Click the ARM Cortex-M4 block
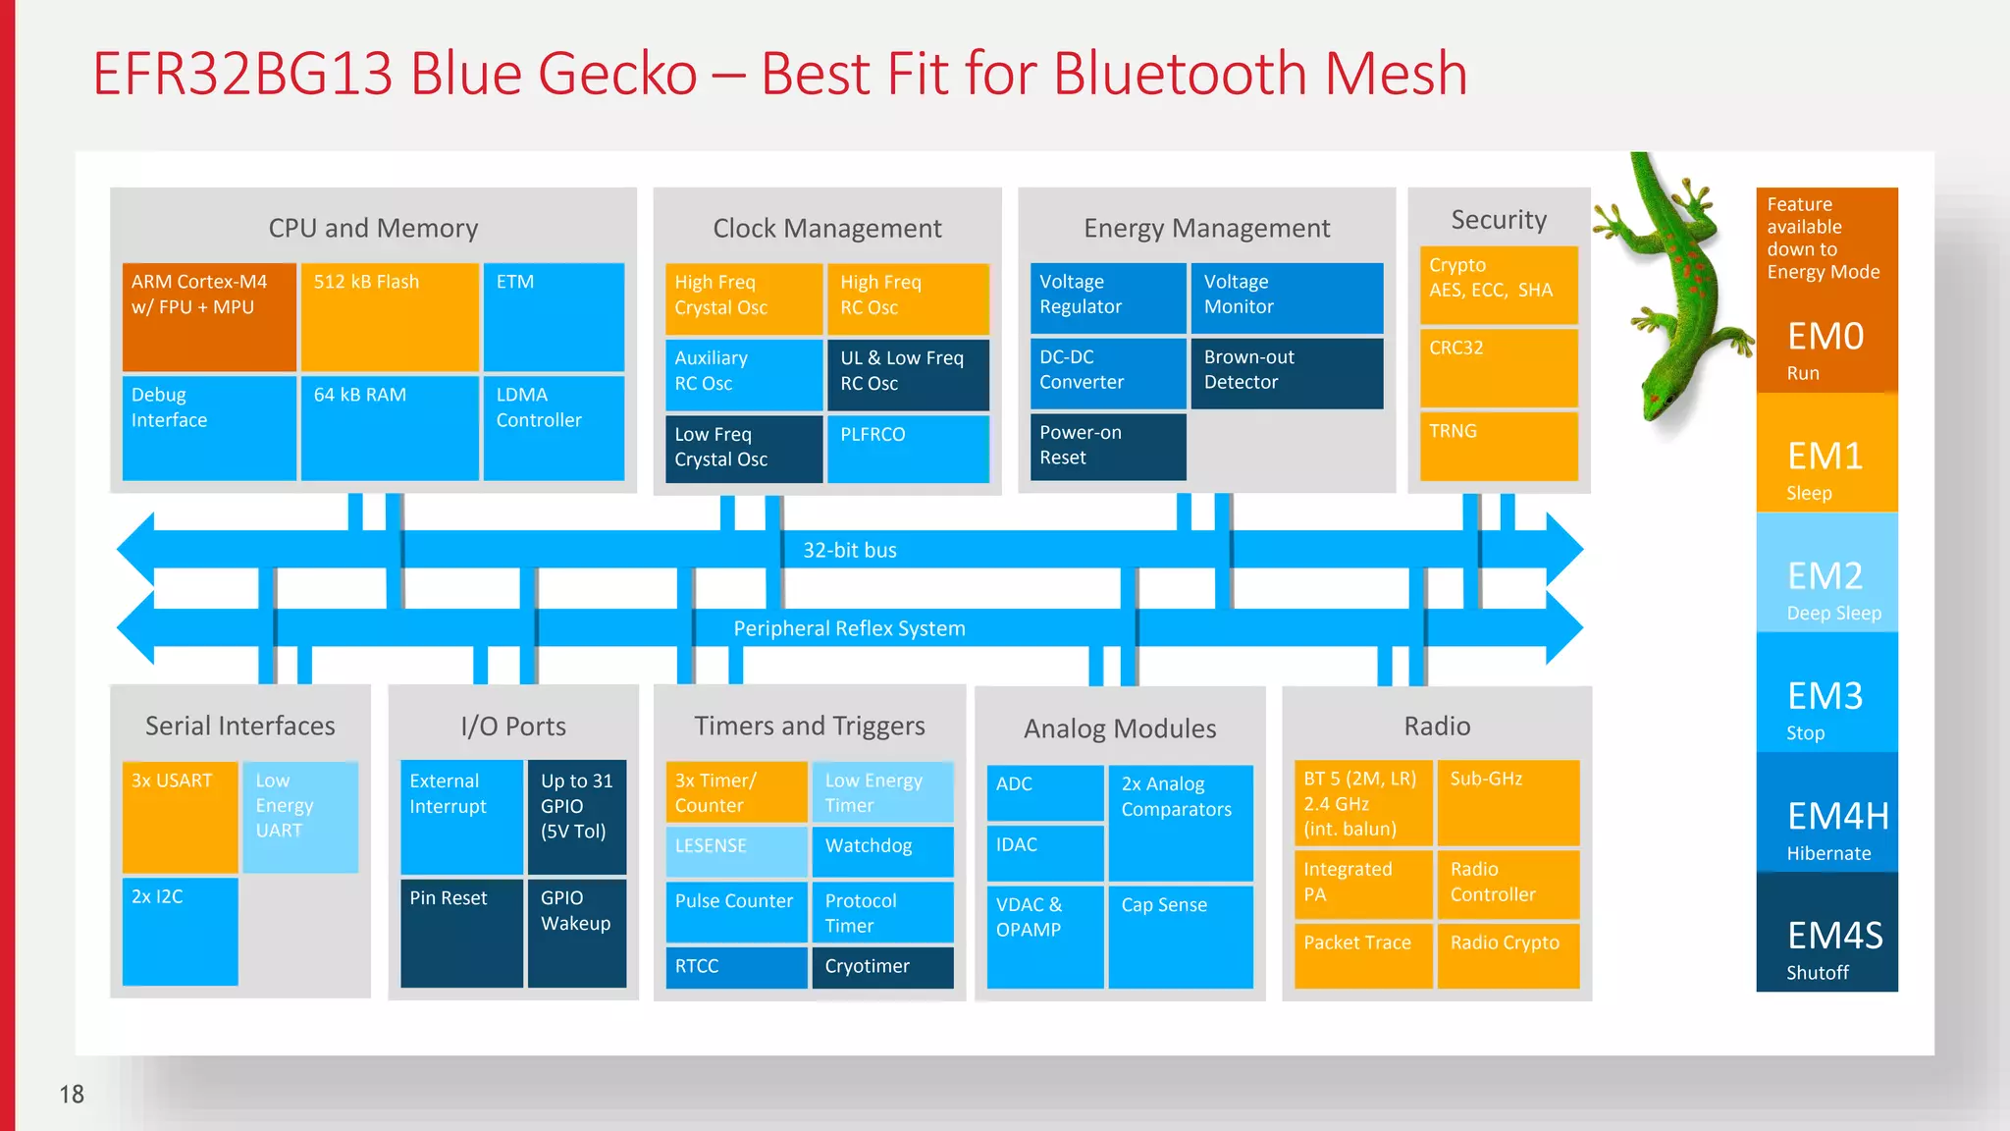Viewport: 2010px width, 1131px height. [209, 316]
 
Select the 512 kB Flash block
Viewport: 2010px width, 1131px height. [390, 316]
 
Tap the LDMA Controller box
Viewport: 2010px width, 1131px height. [554, 428]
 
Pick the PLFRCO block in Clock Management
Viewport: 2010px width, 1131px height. [908, 449]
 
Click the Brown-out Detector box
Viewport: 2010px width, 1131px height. [1287, 373]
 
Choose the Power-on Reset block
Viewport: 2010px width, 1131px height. [1108, 447]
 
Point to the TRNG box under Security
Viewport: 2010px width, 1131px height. [1499, 447]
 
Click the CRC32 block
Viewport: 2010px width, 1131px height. [1499, 367]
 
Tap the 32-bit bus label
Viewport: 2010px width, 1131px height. [850, 551]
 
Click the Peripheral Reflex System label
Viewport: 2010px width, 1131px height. [850, 629]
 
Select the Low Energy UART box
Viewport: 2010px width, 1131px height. [300, 817]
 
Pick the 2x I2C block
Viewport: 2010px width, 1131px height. [180, 931]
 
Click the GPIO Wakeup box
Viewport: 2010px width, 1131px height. [577, 933]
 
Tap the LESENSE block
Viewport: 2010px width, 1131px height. [736, 850]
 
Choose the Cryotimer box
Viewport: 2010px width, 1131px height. [882, 967]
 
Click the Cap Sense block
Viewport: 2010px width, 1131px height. [1181, 936]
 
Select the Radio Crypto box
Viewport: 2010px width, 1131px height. [1507, 954]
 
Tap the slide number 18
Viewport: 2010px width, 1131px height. [72, 1094]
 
